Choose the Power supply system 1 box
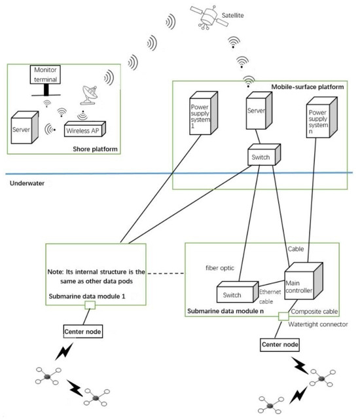coord(200,115)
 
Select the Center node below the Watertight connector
coord(281,343)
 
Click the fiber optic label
coord(217,268)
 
